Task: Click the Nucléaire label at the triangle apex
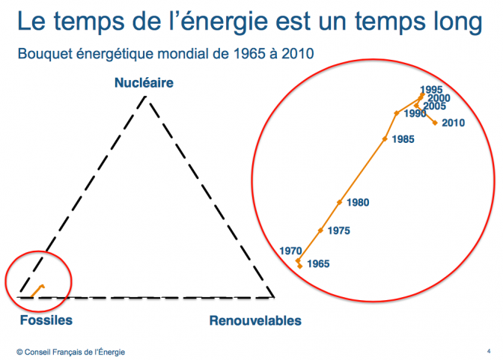pos(144,82)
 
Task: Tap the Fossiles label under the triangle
pos(46,320)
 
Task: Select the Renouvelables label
pos(255,321)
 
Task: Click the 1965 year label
pos(318,263)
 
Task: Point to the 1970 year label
pos(290,251)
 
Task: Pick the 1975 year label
pos(339,231)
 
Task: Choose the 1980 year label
pos(359,202)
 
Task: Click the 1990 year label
pos(415,115)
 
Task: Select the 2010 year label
pos(454,123)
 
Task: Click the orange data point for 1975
pos(320,231)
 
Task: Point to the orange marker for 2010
pos(436,123)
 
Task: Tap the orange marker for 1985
pos(385,138)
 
